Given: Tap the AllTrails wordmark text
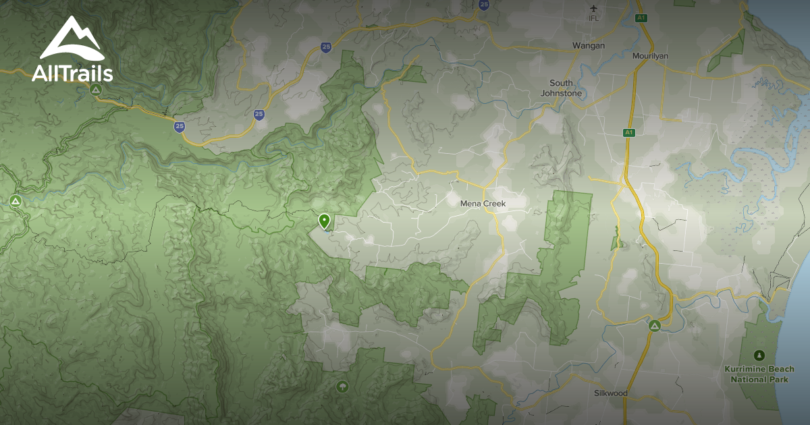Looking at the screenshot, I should pyautogui.click(x=72, y=73).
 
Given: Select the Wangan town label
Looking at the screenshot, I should pyautogui.click(x=589, y=45).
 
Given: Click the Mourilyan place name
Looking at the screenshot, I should pyautogui.click(x=650, y=56).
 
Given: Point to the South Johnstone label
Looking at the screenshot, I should pyautogui.click(x=561, y=88).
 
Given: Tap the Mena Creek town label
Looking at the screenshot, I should pyautogui.click(x=483, y=203).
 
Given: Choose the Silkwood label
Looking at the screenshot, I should pyautogui.click(x=611, y=393).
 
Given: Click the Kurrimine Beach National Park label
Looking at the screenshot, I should pyautogui.click(x=759, y=374).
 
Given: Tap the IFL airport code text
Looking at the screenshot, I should pyautogui.click(x=594, y=18).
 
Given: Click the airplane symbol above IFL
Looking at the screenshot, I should pyautogui.click(x=594, y=8).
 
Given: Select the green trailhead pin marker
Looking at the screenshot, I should pyautogui.click(x=325, y=221).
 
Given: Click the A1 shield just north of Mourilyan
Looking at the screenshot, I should pyautogui.click(x=641, y=18).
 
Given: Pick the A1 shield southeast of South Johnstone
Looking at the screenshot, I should pyautogui.click(x=629, y=133).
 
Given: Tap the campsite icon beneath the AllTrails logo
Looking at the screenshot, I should pyautogui.click(x=97, y=89).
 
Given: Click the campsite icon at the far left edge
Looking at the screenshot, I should pyautogui.click(x=16, y=201).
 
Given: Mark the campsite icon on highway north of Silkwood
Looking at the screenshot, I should pyautogui.click(x=654, y=326).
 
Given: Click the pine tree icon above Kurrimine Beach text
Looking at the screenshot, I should pyautogui.click(x=759, y=355).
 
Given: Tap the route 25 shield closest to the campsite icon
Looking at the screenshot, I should pyautogui.click(x=179, y=126).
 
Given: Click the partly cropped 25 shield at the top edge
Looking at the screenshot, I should pyautogui.click(x=484, y=4).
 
